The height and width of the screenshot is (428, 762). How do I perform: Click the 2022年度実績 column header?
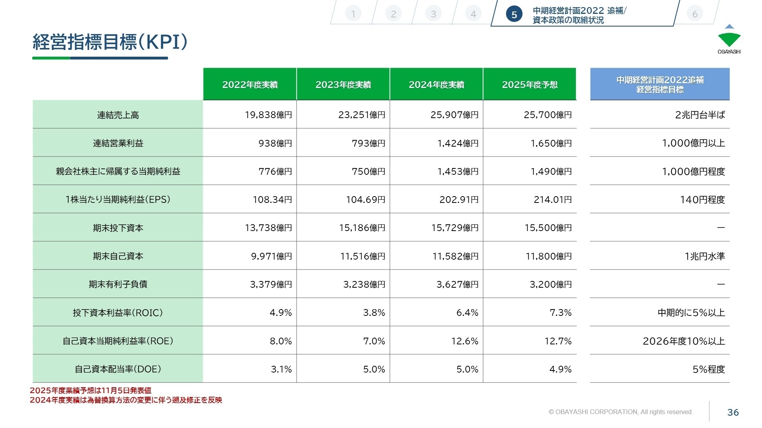(250, 84)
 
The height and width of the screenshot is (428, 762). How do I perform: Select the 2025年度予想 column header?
(529, 84)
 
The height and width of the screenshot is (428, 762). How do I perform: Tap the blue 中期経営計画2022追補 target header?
(660, 84)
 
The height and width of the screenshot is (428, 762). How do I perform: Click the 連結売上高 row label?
(118, 115)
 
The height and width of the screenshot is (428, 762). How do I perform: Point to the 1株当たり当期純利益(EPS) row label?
(118, 199)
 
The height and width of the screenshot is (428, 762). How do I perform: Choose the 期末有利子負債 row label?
(118, 284)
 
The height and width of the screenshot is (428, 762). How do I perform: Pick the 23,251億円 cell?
(362, 115)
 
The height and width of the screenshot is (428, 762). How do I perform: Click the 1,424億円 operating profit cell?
(458, 143)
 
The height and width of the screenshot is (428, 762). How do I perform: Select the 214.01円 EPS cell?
(552, 199)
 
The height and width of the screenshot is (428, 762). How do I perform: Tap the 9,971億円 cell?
(271, 256)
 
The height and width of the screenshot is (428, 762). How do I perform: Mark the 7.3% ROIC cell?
(560, 313)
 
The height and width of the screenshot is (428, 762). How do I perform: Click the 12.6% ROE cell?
(464, 341)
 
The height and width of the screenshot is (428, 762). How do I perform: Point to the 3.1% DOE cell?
(281, 369)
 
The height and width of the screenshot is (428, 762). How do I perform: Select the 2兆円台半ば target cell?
(700, 115)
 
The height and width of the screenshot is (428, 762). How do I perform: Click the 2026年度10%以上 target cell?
(683, 341)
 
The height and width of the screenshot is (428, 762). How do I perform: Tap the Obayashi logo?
(729, 40)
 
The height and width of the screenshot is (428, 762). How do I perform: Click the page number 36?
(733, 412)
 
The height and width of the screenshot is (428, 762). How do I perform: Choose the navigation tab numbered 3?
(433, 14)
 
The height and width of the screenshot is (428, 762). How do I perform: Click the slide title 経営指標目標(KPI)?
(110, 42)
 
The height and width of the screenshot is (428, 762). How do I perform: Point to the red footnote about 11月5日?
(90, 390)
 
